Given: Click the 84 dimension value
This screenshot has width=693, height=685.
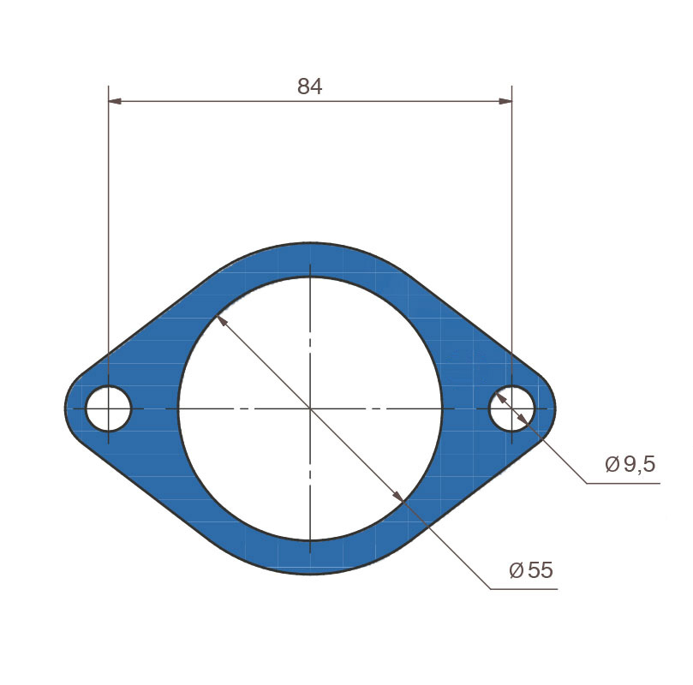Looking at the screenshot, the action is pos(310,86).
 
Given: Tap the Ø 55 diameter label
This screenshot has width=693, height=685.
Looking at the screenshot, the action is pos(531,570).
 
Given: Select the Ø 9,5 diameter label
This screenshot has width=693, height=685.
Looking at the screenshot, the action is pos(630,464).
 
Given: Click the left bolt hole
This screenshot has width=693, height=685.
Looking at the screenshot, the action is pos(109,408).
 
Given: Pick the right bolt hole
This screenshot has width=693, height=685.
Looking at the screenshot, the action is pos(511,408).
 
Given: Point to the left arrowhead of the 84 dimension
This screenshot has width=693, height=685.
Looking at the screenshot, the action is pos(115,102).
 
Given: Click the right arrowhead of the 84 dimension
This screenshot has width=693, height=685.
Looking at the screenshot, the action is pos(505,102).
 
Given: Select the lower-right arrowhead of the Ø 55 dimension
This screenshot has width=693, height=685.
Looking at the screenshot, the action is pos(398,497).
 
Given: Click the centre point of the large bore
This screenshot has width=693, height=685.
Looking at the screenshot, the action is pos(310,409).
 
